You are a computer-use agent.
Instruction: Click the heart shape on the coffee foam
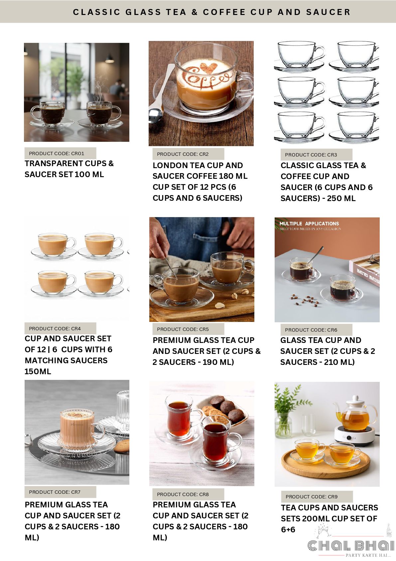coord(209,68)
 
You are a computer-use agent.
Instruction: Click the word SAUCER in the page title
coord(328,12)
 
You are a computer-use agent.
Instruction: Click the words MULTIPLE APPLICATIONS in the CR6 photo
coord(309,224)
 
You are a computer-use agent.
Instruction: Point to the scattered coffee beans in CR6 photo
coord(305,300)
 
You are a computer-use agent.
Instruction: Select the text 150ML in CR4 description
coord(38,371)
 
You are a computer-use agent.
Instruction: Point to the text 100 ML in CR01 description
coord(89,174)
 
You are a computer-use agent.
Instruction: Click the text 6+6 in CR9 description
coord(288,529)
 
